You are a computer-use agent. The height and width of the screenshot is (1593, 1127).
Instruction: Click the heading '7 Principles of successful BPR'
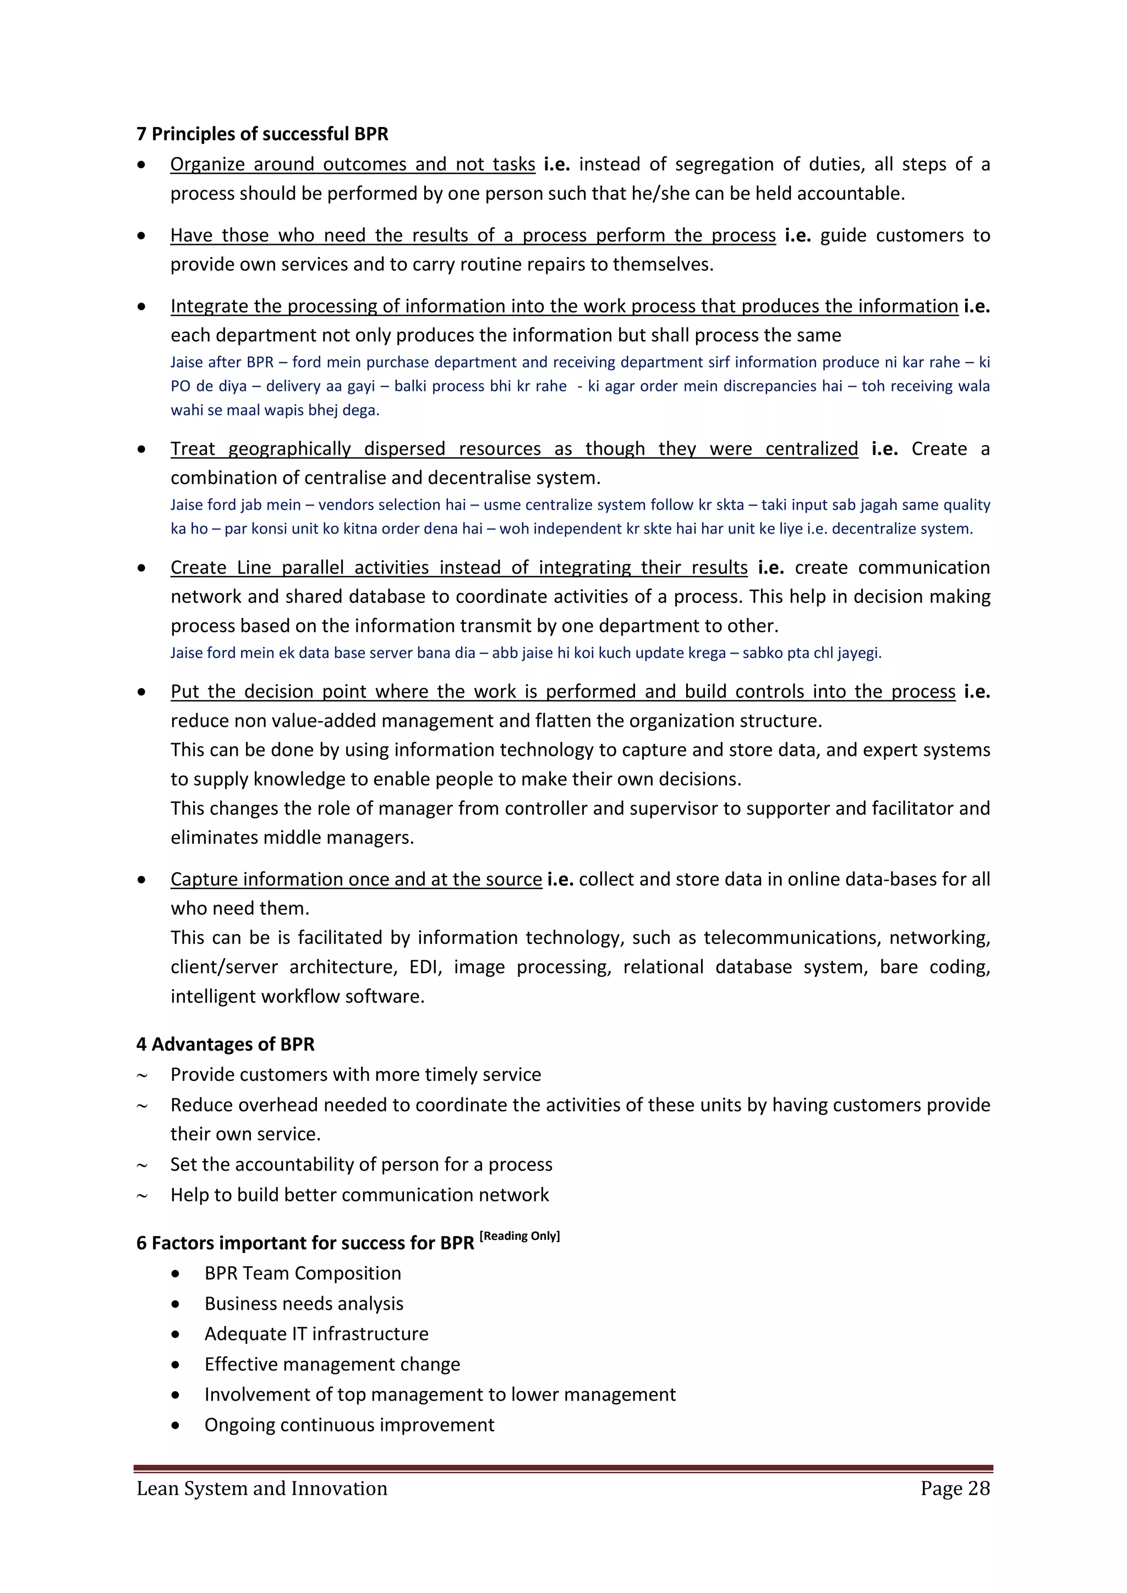[262, 134]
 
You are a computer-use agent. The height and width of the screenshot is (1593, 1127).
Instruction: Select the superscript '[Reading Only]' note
[520, 1235]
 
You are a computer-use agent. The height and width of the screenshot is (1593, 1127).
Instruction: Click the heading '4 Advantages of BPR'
[226, 1044]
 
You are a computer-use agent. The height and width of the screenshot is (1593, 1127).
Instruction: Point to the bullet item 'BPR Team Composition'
[303, 1273]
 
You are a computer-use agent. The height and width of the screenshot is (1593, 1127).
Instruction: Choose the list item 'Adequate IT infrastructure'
[316, 1333]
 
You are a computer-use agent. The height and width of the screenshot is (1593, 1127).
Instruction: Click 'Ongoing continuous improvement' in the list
[349, 1424]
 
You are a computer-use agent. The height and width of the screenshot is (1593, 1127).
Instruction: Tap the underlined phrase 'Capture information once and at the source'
[356, 879]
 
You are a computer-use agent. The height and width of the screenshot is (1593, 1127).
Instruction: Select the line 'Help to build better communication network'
[359, 1195]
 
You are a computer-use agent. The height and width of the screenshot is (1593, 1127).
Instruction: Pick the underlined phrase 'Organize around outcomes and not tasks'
[353, 164]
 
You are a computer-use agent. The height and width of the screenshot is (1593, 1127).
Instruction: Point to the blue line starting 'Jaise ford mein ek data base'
[526, 653]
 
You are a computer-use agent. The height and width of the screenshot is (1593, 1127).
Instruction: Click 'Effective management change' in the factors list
[332, 1364]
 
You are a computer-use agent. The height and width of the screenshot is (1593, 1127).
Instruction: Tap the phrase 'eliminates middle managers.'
[292, 837]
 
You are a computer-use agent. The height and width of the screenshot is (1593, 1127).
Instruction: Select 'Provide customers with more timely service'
[355, 1075]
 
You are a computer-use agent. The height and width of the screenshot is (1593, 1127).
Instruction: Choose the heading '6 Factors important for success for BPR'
[305, 1243]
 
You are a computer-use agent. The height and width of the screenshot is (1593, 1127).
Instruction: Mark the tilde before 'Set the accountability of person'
[143, 1166]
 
